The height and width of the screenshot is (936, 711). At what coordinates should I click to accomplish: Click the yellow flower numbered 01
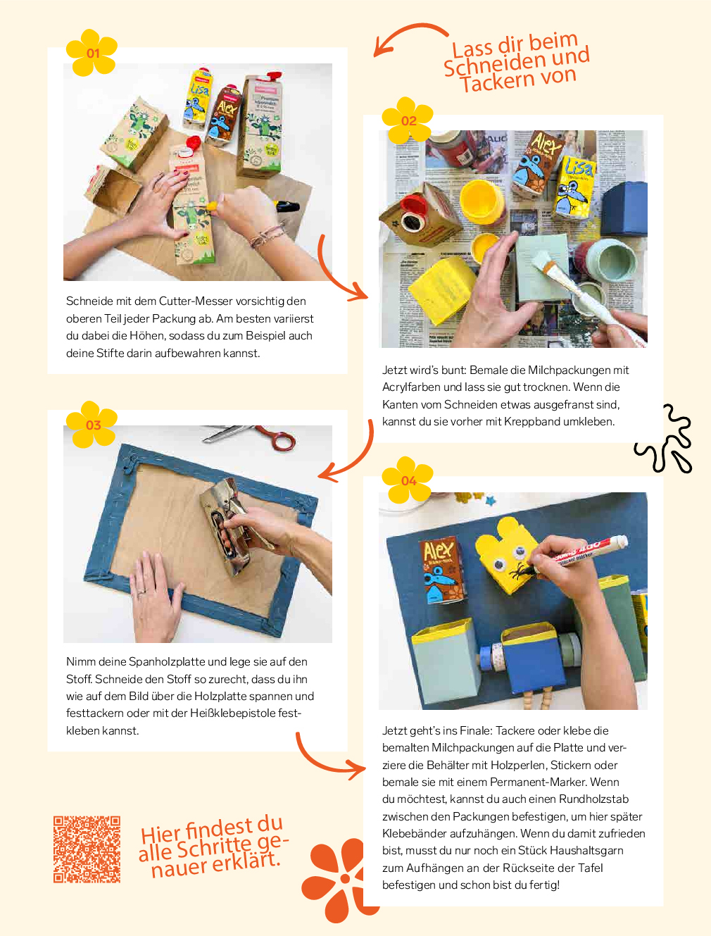coord(92,52)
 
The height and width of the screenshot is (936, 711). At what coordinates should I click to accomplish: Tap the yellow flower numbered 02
coord(408,120)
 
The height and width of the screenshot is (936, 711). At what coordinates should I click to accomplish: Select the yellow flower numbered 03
coord(92,424)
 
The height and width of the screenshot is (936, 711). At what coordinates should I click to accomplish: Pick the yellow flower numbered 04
coord(408,480)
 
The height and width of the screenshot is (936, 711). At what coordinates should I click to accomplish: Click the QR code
coord(87,849)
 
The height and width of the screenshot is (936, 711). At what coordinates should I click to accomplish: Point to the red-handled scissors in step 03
coord(251,437)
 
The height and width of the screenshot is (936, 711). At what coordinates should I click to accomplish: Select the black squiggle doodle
coord(663,438)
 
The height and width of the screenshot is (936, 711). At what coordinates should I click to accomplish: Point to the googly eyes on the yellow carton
coord(510,559)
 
